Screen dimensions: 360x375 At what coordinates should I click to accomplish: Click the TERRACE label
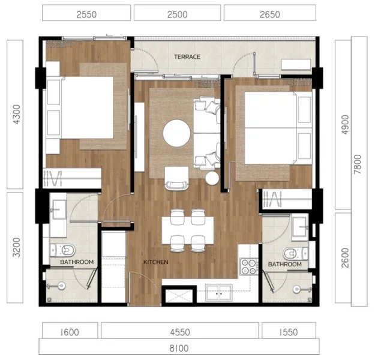pos(187,57)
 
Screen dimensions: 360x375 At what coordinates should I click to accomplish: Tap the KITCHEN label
pos(155,262)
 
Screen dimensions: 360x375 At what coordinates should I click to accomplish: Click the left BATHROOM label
pos(76,262)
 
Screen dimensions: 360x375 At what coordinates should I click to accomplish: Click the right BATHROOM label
pos(284,264)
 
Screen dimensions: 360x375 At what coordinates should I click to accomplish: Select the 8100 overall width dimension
pos(179,347)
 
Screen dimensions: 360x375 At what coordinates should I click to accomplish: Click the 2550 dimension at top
pos(87,13)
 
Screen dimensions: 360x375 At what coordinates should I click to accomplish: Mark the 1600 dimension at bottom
pos(70,331)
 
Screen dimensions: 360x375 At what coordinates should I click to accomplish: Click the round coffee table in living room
pos(178,133)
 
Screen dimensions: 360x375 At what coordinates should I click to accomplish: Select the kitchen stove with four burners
pos(248,266)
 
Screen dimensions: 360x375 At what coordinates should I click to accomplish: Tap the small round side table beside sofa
pos(213,179)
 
